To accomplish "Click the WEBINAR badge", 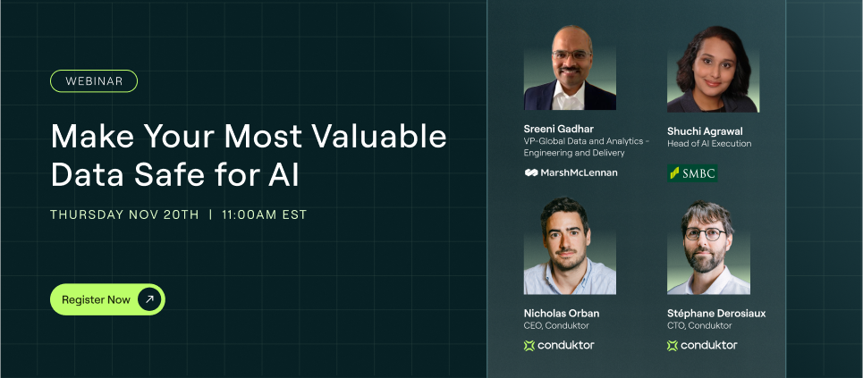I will coord(94,81).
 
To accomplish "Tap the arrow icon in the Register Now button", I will coord(149,299).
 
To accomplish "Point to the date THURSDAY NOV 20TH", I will coord(124,214).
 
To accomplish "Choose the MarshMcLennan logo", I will coord(571,172).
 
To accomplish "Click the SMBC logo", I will coord(692,172).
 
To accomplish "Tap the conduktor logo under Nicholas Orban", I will coord(559,345).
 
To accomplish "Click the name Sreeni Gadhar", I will coord(559,128).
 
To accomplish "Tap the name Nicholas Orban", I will coord(562,314).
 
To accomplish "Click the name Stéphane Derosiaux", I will coord(716,314).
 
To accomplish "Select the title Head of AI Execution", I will coord(709,144).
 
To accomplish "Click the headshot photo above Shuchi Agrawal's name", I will coord(713,69).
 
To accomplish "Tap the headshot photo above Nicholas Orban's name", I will coord(570,248).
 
